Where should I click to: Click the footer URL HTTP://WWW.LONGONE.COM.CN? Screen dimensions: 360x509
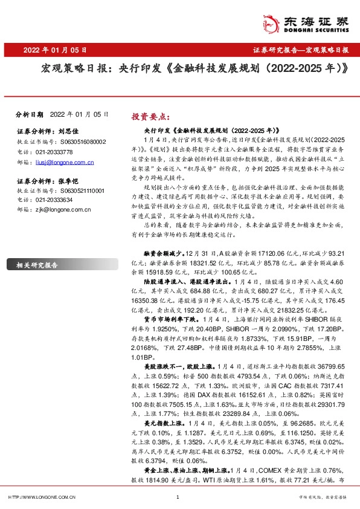(x=42, y=497)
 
